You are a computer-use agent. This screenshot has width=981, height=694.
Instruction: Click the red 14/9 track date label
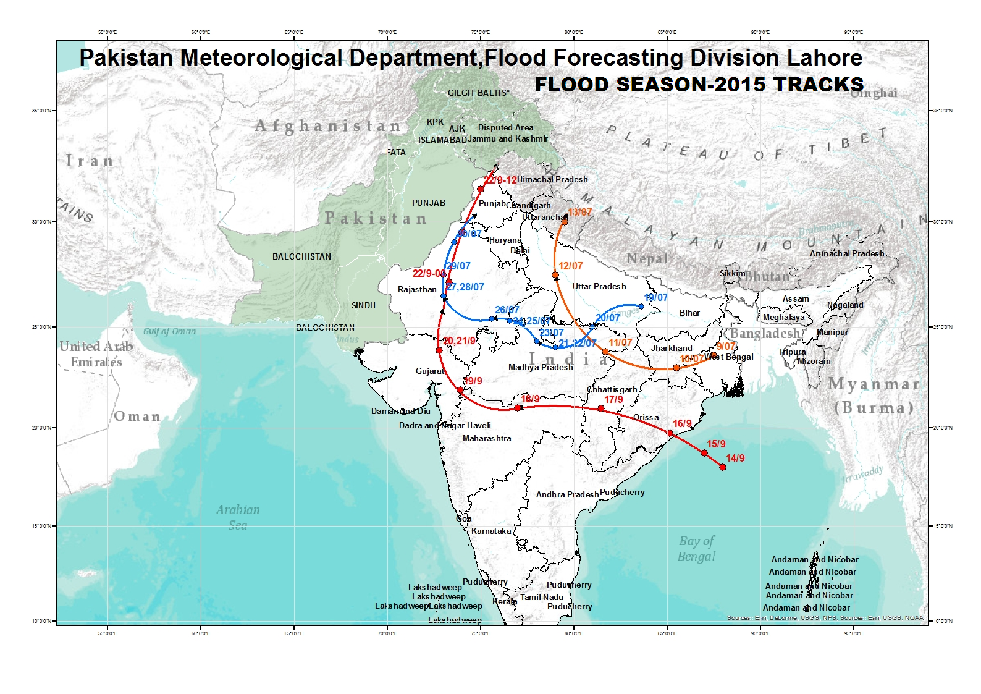click(x=735, y=458)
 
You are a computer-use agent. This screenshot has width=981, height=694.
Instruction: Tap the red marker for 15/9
click(x=704, y=453)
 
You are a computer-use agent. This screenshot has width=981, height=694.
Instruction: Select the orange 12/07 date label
click(x=570, y=266)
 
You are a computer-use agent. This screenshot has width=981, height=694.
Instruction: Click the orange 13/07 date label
click(x=580, y=212)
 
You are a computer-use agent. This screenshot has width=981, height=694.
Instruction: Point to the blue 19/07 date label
click(x=656, y=297)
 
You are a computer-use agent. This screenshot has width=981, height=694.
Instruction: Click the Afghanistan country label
click(x=328, y=126)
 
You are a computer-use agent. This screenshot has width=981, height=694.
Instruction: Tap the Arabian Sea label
click(x=238, y=517)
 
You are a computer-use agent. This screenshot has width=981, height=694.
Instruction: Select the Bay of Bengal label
click(x=696, y=548)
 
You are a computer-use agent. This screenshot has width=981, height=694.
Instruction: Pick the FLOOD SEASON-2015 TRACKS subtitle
click(x=699, y=84)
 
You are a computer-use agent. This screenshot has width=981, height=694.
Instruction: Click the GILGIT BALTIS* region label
click(x=479, y=93)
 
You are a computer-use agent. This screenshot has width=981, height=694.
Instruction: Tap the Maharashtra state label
click(x=487, y=438)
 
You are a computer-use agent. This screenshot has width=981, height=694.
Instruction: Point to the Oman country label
click(x=137, y=417)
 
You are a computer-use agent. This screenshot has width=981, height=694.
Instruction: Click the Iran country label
click(x=90, y=161)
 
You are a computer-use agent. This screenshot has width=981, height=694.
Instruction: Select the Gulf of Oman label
click(x=169, y=331)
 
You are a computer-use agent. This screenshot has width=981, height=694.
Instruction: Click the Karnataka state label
click(x=491, y=531)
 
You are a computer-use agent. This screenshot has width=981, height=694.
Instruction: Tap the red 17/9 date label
click(x=613, y=399)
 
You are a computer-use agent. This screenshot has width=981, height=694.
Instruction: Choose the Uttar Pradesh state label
click(x=599, y=286)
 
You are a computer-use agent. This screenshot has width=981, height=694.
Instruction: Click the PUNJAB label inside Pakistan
click(x=429, y=203)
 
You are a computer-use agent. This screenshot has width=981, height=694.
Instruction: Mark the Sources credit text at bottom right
click(x=825, y=617)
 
